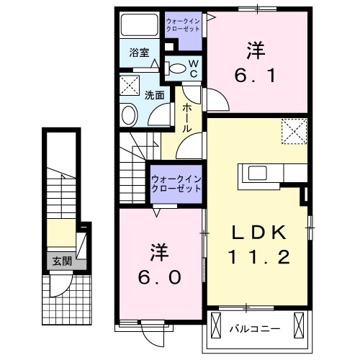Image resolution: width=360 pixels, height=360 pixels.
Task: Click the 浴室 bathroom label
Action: (x=140, y=53)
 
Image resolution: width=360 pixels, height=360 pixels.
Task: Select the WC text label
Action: (x=194, y=69)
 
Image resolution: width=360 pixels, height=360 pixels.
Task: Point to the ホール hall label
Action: (x=186, y=117)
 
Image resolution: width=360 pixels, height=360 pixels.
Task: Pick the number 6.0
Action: (x=159, y=276)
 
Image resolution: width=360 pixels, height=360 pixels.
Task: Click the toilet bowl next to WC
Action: (x=176, y=68)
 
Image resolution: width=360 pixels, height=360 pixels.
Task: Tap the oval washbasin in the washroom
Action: (x=129, y=114)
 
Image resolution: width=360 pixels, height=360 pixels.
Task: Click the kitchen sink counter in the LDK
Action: (x=267, y=174)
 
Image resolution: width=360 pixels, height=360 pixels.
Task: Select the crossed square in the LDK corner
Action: (x=293, y=131)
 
